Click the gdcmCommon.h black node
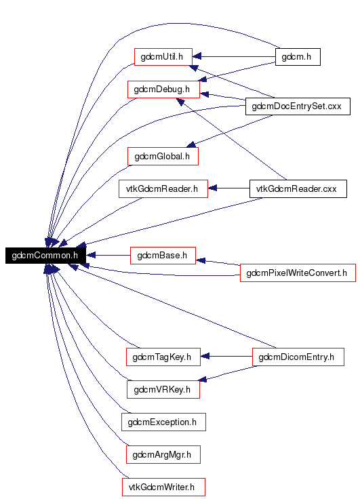[45, 255]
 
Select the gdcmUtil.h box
[163, 57]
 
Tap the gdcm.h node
[298, 57]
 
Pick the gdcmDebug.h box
[163, 89]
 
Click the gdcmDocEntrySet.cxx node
[298, 106]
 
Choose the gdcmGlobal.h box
[163, 156]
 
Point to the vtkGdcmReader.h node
[163, 188]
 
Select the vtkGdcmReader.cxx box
[298, 188]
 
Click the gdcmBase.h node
[163, 255]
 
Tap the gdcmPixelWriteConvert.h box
[298, 273]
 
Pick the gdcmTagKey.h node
[163, 357]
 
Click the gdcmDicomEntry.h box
[298, 357]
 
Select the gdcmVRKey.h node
[163, 390]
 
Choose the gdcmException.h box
[163, 422]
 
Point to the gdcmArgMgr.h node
[163, 454]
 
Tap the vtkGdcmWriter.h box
[163, 487]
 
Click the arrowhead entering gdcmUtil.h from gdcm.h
[197, 57]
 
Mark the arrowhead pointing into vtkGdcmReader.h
[212, 188]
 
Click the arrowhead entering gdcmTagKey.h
[205, 357]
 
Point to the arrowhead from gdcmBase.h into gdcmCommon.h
[90, 255]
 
